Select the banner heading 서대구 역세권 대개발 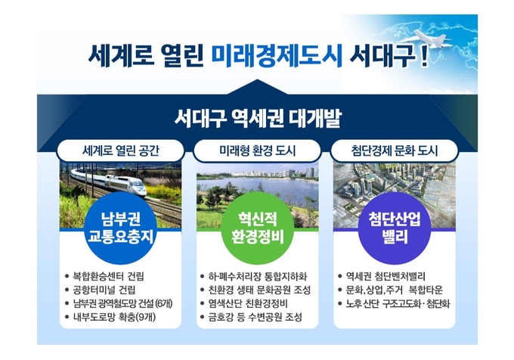coord(258,118)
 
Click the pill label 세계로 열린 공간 coord(121,151)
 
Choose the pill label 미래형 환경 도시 coord(257,151)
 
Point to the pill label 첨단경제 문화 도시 coord(395,151)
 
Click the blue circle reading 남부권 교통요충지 coord(121,228)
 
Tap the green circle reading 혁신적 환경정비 coord(257,228)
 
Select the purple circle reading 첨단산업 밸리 coord(395,228)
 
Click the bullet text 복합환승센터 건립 coord(109,276)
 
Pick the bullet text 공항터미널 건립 coord(104,290)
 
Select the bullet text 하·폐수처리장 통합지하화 coord(258,276)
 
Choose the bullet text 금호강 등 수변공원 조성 coord(255,317)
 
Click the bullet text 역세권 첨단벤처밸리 coord(385,276)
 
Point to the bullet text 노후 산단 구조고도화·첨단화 coord(398,303)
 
